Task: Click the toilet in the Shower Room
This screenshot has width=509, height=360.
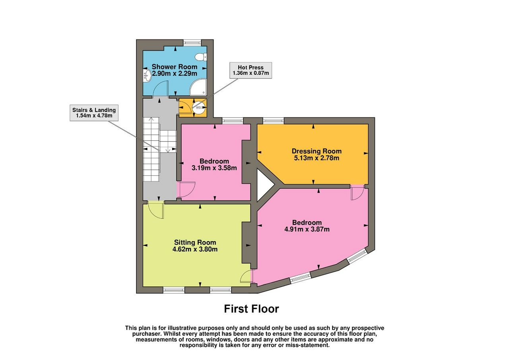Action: tap(201, 57)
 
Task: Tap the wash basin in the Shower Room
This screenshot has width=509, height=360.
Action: tap(147, 75)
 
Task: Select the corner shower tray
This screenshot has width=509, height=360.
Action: tap(198, 87)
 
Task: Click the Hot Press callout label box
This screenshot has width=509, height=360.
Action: tap(251, 70)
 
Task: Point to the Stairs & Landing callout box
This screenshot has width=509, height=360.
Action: tap(94, 113)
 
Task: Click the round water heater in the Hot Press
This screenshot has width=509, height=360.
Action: tap(199, 107)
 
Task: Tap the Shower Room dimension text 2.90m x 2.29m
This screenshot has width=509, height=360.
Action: tap(175, 74)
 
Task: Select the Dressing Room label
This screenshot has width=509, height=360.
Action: tap(317, 151)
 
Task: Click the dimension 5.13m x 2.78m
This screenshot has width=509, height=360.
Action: tap(317, 158)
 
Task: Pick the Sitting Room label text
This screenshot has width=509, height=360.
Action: tap(195, 242)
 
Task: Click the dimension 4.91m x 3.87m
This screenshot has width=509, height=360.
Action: tap(307, 229)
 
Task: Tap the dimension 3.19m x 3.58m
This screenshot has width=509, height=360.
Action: tap(214, 168)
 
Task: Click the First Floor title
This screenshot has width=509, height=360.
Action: tap(252, 309)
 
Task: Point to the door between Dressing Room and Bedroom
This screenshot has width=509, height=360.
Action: tap(357, 192)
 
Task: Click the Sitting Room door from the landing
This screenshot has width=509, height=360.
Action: tap(156, 210)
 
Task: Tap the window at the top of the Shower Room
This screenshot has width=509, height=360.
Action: tap(192, 43)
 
